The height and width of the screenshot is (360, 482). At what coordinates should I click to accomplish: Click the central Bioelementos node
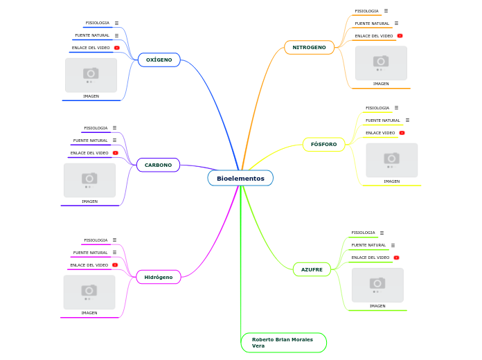[240, 179]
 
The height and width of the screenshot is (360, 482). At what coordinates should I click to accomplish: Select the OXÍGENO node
[159, 60]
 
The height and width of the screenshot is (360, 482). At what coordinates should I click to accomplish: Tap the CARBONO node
[159, 165]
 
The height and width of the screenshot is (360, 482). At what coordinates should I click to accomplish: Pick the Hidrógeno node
[159, 277]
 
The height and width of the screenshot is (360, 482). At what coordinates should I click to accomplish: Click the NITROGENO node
[309, 47]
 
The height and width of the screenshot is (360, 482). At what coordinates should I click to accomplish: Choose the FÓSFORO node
[323, 145]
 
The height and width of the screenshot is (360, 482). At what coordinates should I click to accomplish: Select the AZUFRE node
[312, 269]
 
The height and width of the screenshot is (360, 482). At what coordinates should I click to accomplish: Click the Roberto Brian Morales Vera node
[283, 343]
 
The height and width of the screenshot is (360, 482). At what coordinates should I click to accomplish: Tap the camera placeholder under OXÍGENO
[91, 75]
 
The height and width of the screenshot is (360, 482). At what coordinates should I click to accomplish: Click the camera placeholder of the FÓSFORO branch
[391, 160]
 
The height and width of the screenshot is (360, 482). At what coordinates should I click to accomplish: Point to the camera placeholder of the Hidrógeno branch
[89, 292]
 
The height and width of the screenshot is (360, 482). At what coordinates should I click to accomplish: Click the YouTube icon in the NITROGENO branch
[400, 36]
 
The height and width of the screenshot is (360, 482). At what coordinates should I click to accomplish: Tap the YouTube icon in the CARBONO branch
[115, 153]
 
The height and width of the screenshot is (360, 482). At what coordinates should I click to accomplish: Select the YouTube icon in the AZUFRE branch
[396, 258]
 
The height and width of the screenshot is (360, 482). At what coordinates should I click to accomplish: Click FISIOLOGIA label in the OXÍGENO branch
[98, 23]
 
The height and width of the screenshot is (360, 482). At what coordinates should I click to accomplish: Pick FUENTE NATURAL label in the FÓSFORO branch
[382, 120]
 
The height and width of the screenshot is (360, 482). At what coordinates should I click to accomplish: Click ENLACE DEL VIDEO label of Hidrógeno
[89, 265]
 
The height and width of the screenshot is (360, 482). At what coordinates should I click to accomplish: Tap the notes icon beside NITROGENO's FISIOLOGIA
[386, 11]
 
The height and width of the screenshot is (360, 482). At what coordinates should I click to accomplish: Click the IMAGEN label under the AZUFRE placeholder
[377, 306]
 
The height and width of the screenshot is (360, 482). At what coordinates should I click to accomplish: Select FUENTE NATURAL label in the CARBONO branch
[90, 141]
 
